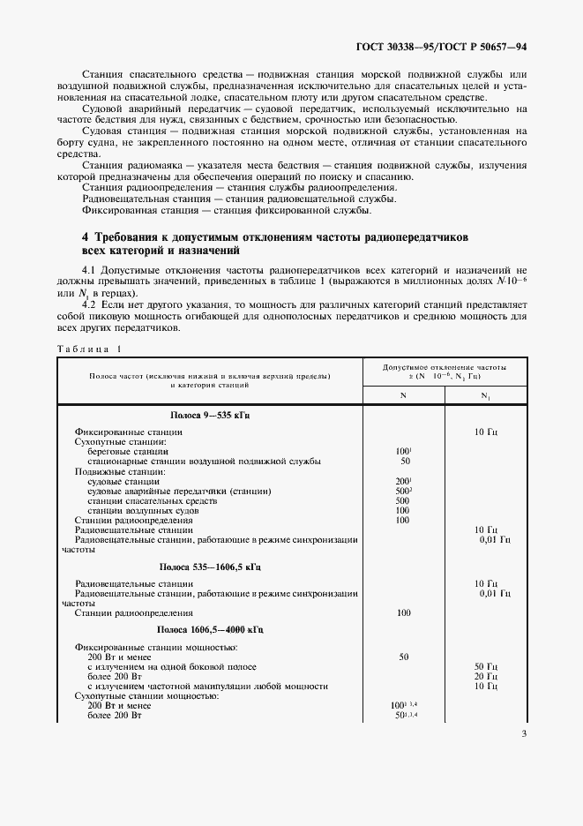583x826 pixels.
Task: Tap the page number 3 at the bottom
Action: click(524, 733)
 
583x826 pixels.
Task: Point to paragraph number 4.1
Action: click(91, 267)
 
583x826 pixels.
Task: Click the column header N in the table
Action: click(404, 395)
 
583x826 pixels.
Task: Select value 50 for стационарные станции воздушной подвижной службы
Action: click(405, 461)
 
